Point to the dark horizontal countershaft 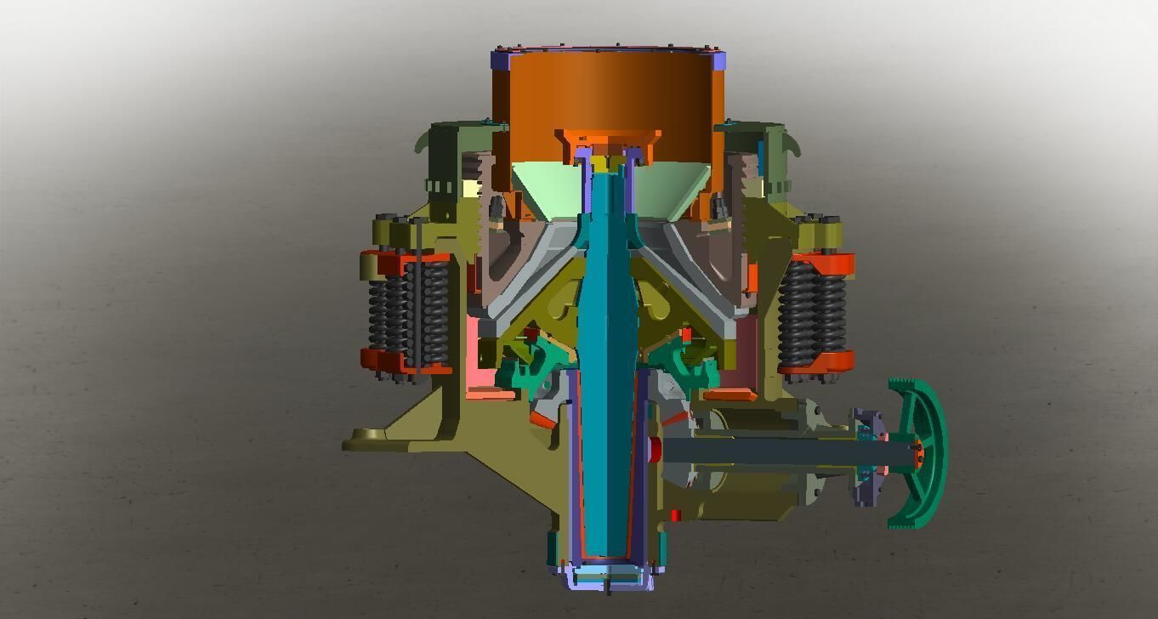[x=765, y=451]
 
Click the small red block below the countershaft [x=675, y=515]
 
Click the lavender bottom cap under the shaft [x=609, y=578]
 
